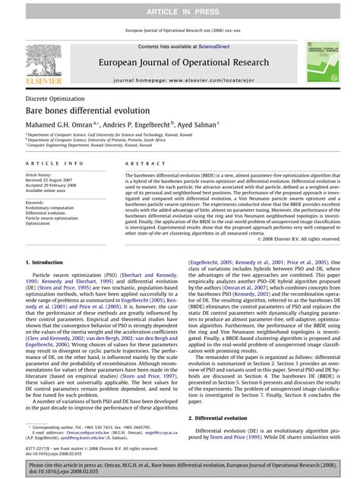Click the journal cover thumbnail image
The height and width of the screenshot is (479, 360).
[321, 61]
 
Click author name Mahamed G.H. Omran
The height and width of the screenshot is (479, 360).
[57, 124]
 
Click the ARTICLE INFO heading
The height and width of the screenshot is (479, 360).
[55, 163]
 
